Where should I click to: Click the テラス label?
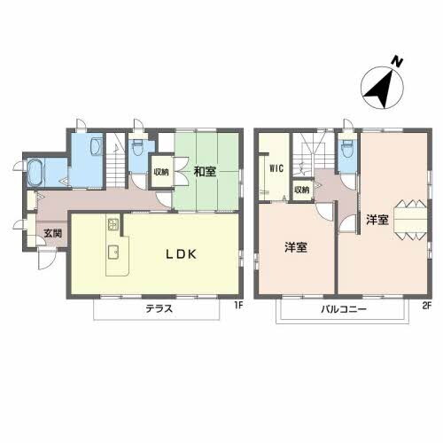158,309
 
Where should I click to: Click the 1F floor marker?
237,307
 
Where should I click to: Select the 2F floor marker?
425,307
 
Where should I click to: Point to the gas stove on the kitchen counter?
113,222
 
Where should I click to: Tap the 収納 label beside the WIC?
301,190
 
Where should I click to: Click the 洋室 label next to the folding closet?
376,218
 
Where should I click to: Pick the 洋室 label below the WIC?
295,247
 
